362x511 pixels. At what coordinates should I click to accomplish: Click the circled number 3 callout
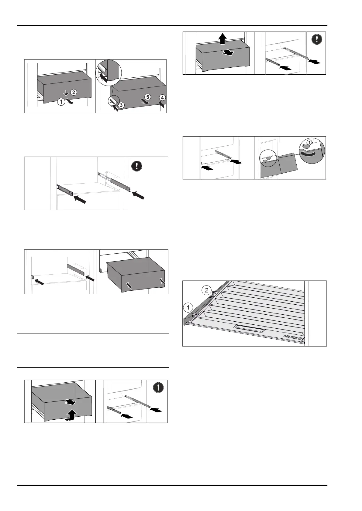[x=121, y=105]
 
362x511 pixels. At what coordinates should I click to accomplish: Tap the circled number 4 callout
[x=163, y=98]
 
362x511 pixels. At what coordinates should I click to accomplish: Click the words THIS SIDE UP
[x=294, y=337]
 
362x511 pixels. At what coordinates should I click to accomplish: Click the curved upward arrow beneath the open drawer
[x=72, y=415]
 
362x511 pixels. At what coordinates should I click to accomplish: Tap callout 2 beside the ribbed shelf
[x=206, y=290]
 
